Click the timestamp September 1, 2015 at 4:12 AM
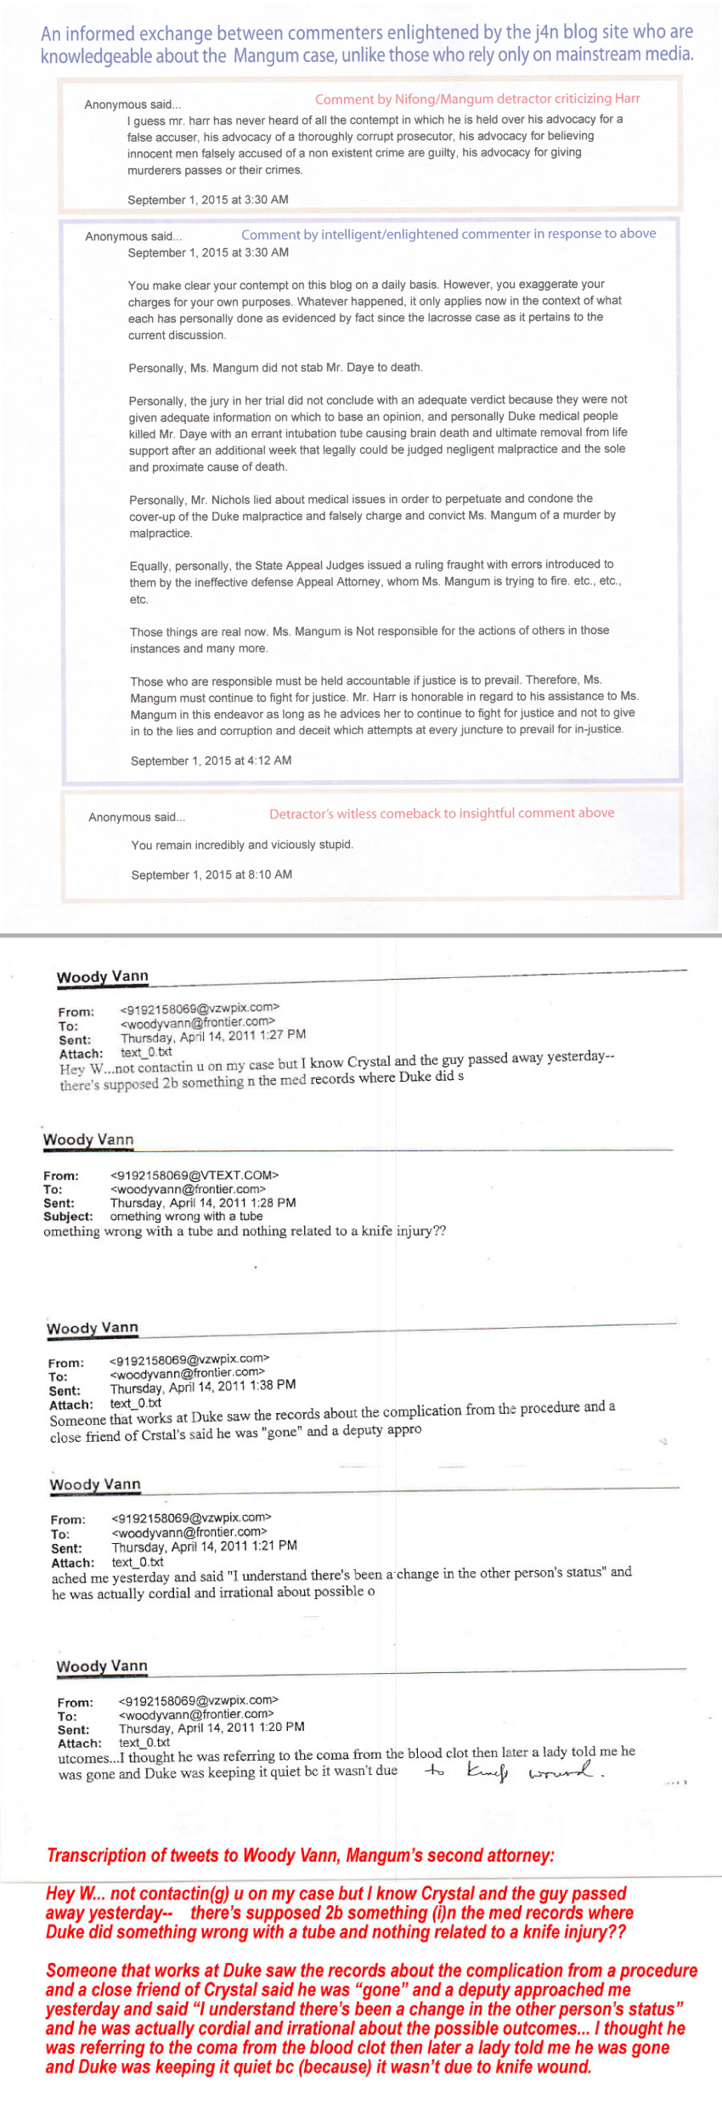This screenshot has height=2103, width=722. [211, 760]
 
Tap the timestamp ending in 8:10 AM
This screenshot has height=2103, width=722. [212, 874]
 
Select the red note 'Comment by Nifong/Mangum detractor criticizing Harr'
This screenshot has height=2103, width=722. [477, 99]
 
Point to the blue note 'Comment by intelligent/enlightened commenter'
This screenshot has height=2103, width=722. [448, 234]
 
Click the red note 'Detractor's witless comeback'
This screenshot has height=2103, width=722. [442, 813]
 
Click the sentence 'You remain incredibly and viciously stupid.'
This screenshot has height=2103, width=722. [242, 845]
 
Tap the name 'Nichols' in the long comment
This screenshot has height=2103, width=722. [230, 499]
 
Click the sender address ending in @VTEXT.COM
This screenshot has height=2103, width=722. [195, 1175]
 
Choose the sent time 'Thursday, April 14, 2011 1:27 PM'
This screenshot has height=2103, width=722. [213, 1035]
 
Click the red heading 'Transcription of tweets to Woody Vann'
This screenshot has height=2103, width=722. [301, 1855]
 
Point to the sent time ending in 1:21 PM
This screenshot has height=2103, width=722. [204, 1546]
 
